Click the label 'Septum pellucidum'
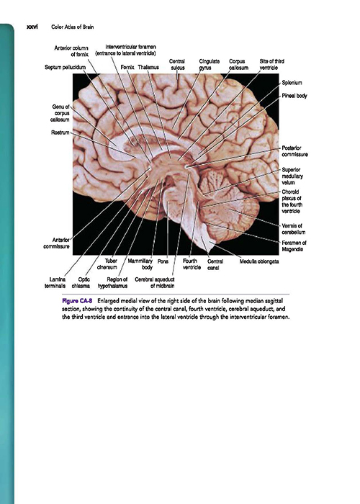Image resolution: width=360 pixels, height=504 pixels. point(66,67)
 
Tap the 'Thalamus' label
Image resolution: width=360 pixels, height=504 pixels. point(148,67)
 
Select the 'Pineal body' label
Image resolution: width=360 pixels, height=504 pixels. point(294,96)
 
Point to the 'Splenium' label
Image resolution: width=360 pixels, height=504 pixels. point(292,83)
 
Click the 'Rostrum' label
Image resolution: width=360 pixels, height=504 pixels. point(60,132)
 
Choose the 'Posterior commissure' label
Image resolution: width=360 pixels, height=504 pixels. point(294,151)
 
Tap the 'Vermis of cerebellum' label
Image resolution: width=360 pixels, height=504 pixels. point(294,229)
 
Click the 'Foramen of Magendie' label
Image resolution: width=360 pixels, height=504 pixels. point(294,246)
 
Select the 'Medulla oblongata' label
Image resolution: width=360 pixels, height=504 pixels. point(259,261)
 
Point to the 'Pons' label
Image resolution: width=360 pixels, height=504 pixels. point(163,261)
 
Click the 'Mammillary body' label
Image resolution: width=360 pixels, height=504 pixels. point(140,264)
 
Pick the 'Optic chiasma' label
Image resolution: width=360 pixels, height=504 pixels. point(81,282)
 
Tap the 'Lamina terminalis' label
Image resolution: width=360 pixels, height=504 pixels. point(55,282)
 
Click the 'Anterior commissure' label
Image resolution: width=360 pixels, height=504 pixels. point(56,243)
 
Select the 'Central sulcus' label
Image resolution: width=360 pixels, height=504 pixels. point(177,64)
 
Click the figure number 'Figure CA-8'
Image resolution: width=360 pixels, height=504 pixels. point(77,301)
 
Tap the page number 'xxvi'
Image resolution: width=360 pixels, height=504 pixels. point(32,27)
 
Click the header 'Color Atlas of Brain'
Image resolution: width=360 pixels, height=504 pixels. point(73,27)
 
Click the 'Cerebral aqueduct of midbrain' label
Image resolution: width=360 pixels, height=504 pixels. point(155,282)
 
